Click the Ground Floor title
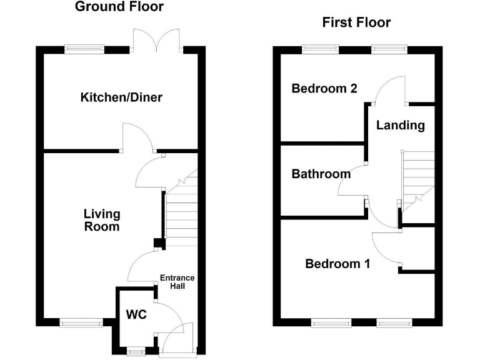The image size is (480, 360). point(119,7)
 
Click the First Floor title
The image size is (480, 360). point(356,23)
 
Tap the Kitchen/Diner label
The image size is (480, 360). point(121,97)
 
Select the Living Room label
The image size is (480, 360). point(101,220)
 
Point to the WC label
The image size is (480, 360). point(136,314)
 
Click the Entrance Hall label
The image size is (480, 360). point(177,282)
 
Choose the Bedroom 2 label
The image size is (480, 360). point(324,89)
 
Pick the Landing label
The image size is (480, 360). point(400,126)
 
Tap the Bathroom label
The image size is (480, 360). point(321,174)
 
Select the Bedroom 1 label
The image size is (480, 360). point(337,264)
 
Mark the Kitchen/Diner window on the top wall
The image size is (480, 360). point(86,48)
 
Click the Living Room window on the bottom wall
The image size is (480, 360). point(81,322)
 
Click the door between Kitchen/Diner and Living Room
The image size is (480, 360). point(137,136)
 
